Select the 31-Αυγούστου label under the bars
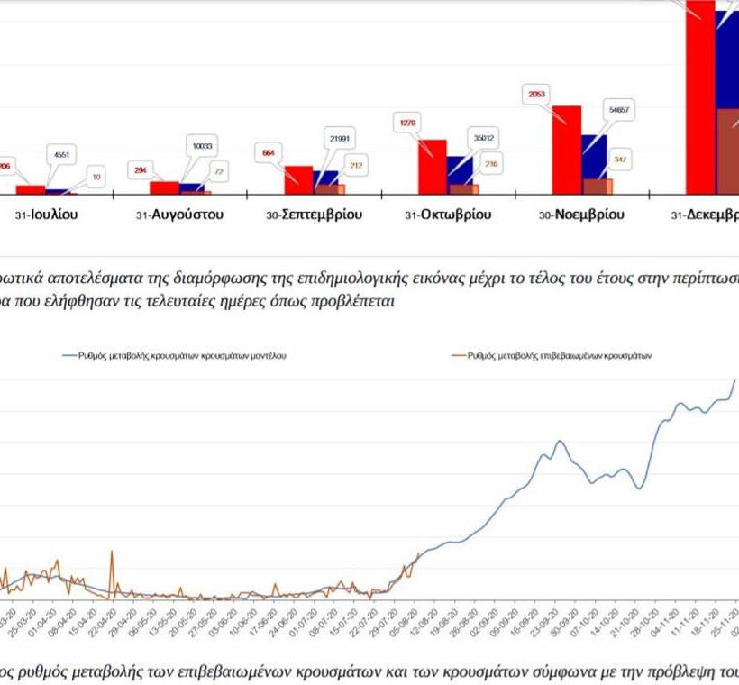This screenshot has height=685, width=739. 179,215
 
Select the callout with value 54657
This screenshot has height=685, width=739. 618,110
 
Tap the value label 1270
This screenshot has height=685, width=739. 409,122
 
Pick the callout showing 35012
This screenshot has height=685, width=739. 483,138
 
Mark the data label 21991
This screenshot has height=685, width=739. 340,138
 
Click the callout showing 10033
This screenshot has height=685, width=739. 199,146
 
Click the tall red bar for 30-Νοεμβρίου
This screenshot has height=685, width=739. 566,149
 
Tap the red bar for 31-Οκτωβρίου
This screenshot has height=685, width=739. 432,167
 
